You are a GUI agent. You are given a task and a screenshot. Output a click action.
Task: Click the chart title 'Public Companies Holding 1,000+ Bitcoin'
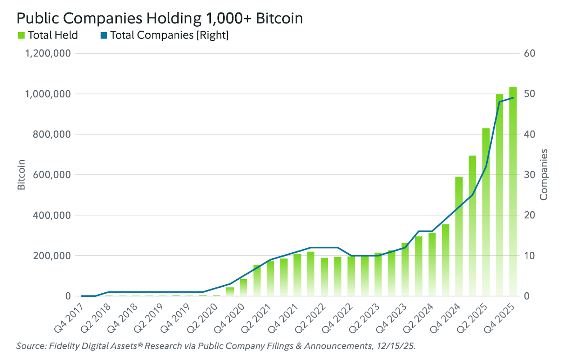tap(160, 18)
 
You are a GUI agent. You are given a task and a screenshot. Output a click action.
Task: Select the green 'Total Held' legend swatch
tap(21, 35)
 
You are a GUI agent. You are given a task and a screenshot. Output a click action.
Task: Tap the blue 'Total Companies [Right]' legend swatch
tap(104, 35)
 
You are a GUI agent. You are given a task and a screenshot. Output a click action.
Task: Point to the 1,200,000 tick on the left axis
tap(48, 53)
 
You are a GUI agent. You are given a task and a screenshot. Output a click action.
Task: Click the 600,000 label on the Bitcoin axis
tap(52, 175)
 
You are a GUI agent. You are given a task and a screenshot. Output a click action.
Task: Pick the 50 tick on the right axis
tap(529, 94)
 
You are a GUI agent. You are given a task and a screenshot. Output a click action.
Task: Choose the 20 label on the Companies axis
tap(529, 215)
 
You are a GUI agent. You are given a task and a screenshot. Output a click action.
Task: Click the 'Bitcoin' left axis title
tap(21, 175)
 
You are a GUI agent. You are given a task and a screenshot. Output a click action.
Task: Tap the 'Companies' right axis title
tap(543, 175)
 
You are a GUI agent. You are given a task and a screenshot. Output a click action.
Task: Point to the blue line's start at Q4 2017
tap(82, 296)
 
